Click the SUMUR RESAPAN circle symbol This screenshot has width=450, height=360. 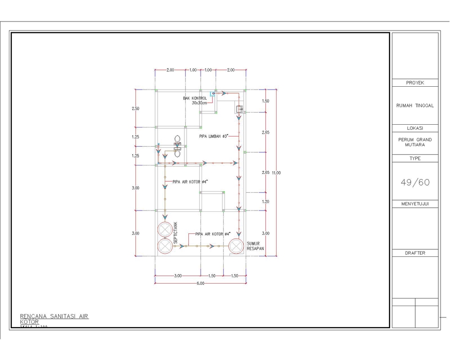click(x=236, y=245)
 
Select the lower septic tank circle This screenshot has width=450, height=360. click(x=165, y=246)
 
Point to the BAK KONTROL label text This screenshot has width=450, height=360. click(x=195, y=98)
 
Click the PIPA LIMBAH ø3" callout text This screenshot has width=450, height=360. click(x=213, y=136)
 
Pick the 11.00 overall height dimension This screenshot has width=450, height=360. click(x=276, y=173)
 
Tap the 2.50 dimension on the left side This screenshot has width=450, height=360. click(x=135, y=108)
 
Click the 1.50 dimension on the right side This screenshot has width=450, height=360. click(x=266, y=101)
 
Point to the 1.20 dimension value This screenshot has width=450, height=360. click(x=266, y=202)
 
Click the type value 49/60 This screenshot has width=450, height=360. click(x=415, y=182)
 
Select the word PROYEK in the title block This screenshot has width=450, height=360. click(x=415, y=83)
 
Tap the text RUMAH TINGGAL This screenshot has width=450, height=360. click(x=415, y=105)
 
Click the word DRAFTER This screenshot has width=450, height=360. click(x=415, y=253)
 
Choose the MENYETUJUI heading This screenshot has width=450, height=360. click(x=415, y=204)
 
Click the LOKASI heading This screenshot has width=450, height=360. click(x=415, y=128)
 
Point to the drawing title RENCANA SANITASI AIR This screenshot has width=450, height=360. click(x=54, y=316)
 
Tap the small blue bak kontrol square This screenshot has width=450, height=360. click(x=213, y=93)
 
